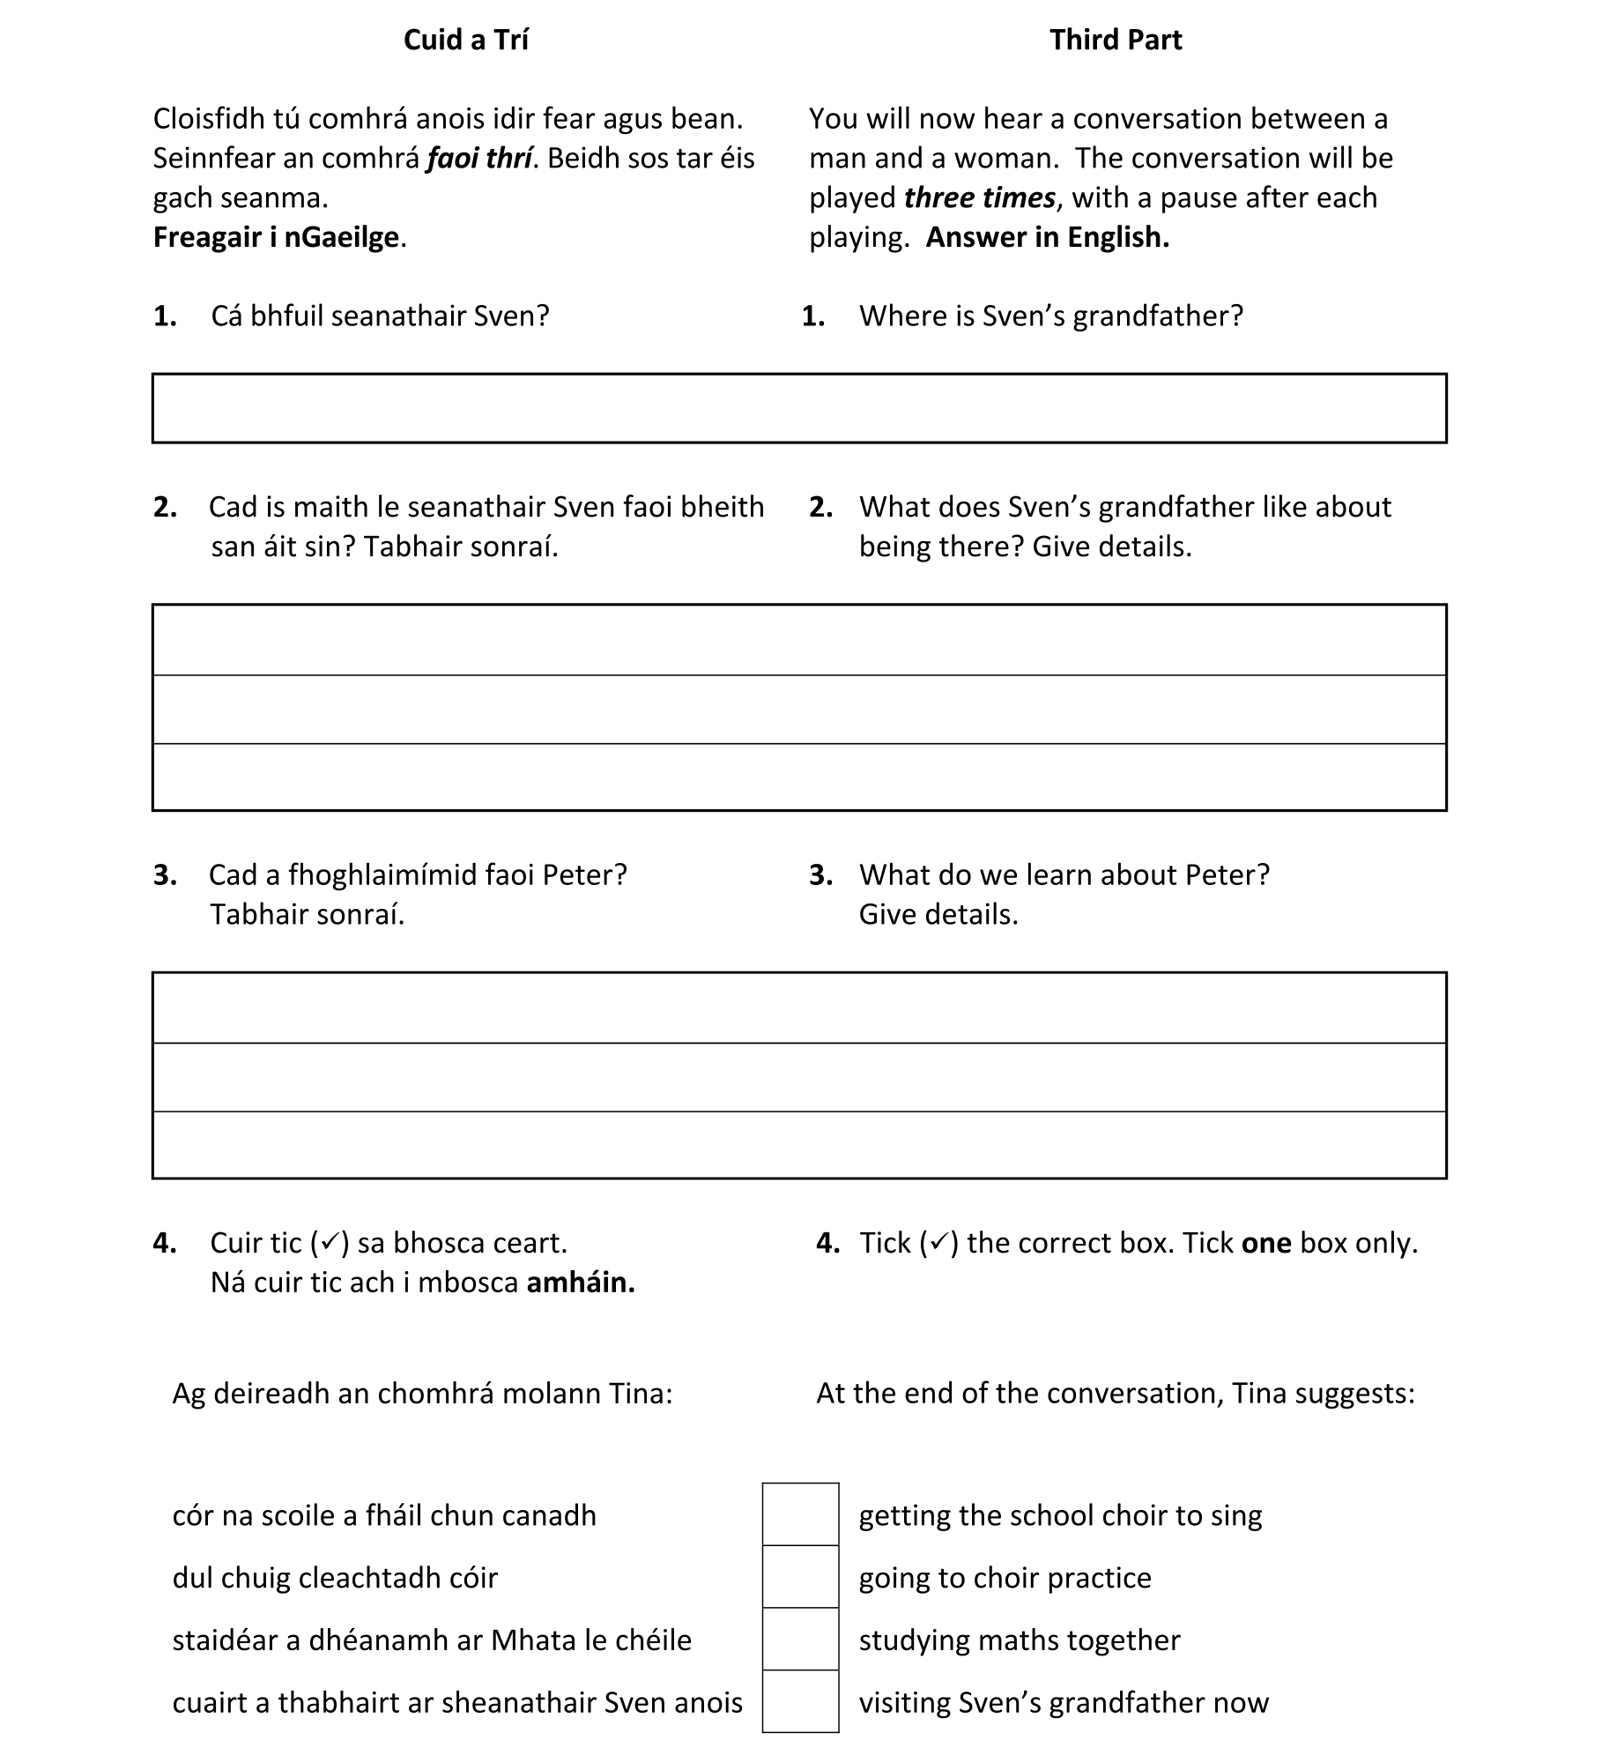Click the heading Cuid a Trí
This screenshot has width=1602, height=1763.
[x=465, y=40]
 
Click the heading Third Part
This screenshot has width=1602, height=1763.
[x=1115, y=40]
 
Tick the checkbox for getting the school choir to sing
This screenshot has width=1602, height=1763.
[x=800, y=1514]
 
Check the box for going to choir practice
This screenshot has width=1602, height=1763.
[x=800, y=1576]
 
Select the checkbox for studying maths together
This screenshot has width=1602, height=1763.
[x=800, y=1639]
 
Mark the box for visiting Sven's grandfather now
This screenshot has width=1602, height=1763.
[x=800, y=1701]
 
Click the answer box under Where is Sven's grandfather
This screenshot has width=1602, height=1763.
[x=798, y=408]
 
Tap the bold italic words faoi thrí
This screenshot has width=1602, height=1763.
[x=478, y=159]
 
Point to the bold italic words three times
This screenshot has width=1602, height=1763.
[x=979, y=198]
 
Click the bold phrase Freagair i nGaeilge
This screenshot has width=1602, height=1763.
[x=277, y=237]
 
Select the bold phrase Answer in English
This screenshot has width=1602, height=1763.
[x=1047, y=237]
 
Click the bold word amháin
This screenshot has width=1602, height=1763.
[x=581, y=1283]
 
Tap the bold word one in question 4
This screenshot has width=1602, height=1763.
[x=1266, y=1243]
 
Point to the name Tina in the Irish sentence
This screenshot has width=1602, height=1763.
[x=641, y=1393]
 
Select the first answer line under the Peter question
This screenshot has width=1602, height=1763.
[x=798, y=1008]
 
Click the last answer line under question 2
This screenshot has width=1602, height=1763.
[x=798, y=777]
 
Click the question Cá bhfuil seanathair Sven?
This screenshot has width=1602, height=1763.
[x=380, y=316]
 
